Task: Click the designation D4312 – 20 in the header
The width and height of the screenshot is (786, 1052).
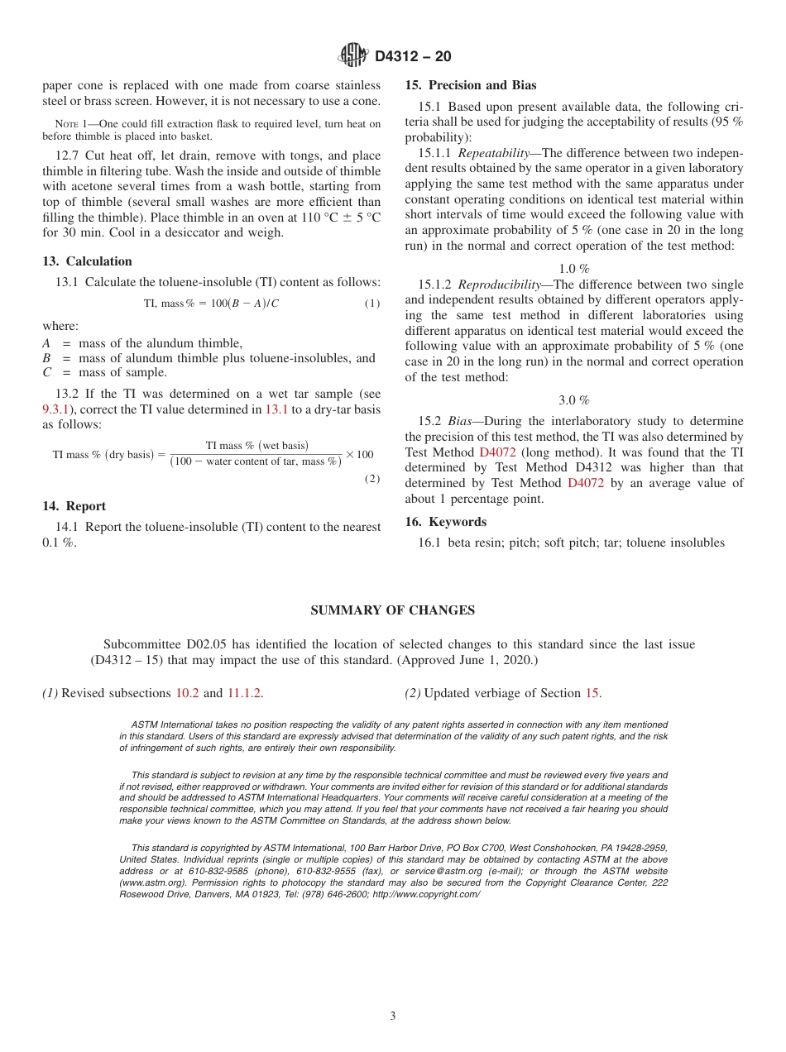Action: click(413, 57)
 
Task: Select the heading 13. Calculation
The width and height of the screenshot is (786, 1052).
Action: click(87, 261)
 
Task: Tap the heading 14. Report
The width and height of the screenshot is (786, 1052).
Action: click(74, 506)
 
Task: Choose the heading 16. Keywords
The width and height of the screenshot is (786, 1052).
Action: click(445, 522)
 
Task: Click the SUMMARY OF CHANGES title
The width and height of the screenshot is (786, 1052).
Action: click(392, 610)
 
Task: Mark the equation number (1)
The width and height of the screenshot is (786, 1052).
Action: click(372, 304)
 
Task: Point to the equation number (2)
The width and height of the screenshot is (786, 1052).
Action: click(372, 479)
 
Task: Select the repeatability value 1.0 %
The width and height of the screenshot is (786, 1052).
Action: click(573, 269)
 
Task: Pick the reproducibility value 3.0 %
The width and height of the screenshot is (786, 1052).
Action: click(573, 400)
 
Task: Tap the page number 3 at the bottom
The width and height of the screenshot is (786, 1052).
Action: click(393, 1016)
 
